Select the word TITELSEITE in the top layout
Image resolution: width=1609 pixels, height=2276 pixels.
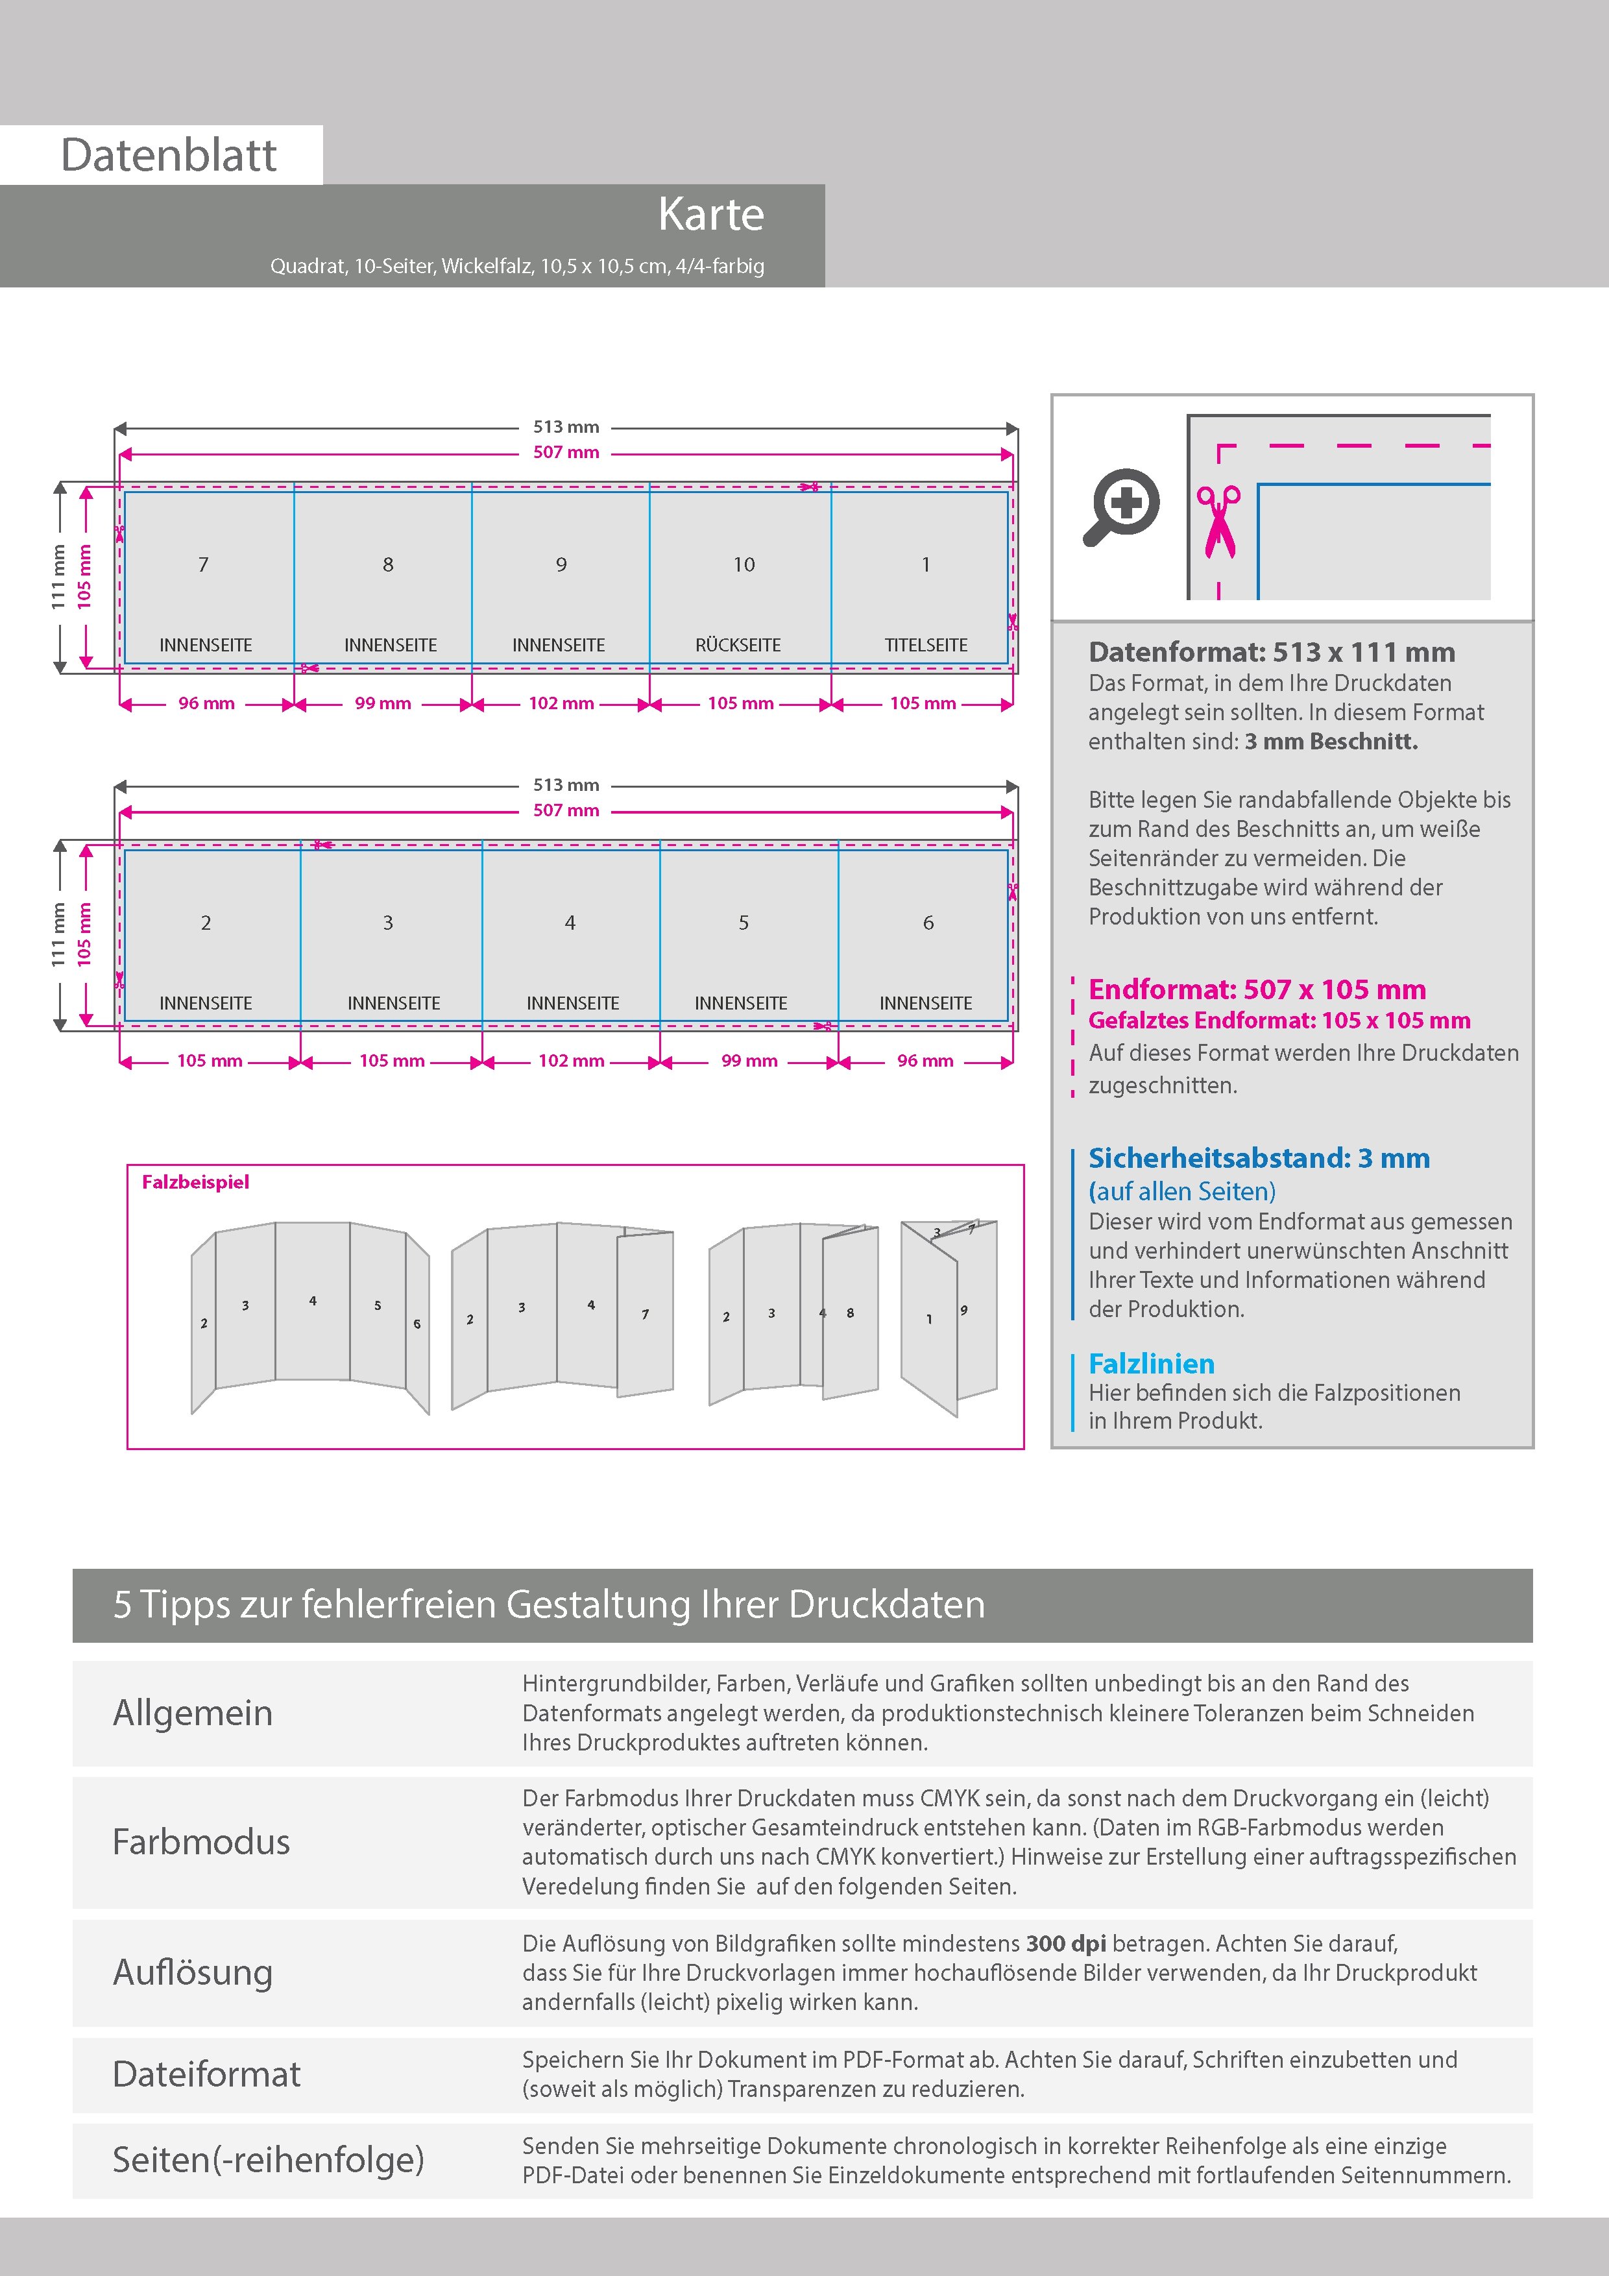926,646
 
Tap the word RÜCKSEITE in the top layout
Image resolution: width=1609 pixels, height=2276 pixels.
738,646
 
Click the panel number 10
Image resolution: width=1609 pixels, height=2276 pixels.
744,565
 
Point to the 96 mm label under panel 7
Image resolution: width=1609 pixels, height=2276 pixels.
206,704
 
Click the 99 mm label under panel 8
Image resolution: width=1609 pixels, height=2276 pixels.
383,704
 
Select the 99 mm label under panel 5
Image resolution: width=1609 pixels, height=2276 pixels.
749,1061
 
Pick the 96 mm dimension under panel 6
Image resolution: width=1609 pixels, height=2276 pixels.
925,1061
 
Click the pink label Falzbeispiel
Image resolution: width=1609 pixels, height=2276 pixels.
195,1181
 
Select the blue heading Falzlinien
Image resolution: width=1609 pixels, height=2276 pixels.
1151,1364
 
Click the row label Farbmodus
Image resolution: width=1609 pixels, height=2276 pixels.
201,1842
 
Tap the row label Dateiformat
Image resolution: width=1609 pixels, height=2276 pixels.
206,2074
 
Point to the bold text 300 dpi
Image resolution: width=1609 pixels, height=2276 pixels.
1066,1943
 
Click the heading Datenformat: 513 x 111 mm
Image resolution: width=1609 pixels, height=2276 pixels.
1271,652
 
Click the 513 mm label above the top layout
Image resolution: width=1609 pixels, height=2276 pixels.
566,428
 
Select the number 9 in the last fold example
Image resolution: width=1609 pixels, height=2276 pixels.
963,1311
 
